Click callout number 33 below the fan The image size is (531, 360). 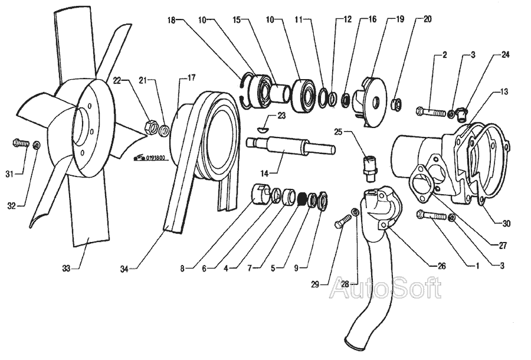[x=66, y=269]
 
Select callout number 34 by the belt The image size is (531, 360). [x=124, y=269]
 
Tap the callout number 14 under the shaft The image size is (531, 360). [x=264, y=173]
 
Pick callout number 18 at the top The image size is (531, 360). [x=171, y=19]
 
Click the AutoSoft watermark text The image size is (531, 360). [x=385, y=288]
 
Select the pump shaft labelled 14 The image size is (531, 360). [x=289, y=146]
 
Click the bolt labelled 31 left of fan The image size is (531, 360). [x=20, y=142]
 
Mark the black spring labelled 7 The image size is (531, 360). [x=300, y=199]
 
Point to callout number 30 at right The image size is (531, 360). [x=506, y=224]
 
